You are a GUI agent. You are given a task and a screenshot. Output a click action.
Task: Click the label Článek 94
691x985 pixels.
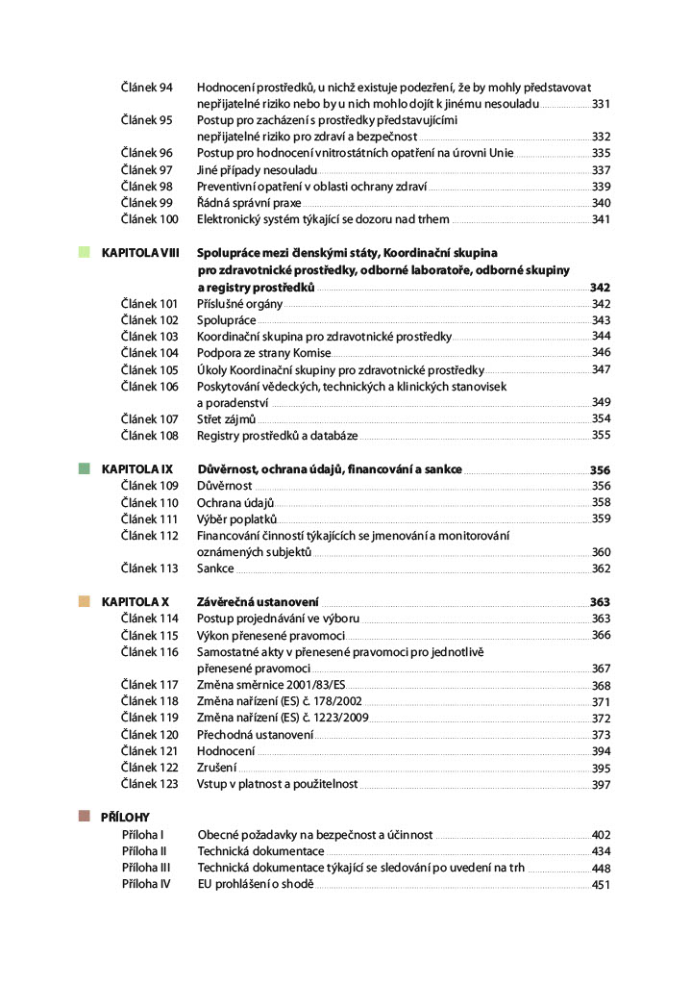(x=146, y=88)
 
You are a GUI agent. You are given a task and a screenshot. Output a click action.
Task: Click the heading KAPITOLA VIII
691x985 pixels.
(x=140, y=253)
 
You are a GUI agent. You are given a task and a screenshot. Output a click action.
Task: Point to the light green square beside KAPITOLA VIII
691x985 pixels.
(x=85, y=252)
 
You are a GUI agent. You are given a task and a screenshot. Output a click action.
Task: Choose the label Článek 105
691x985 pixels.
(x=150, y=369)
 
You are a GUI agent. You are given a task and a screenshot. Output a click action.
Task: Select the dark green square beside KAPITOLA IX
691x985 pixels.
(x=85, y=468)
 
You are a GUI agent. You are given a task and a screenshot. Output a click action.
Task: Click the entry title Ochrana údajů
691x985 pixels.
(x=235, y=502)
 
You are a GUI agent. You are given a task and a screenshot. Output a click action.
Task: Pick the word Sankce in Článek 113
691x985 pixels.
(x=215, y=568)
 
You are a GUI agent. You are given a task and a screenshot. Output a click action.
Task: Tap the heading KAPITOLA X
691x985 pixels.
(x=136, y=602)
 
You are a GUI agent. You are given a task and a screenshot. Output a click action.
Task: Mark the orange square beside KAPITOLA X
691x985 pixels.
(x=85, y=601)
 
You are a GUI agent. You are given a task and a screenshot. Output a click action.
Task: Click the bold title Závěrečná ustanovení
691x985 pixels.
(x=259, y=602)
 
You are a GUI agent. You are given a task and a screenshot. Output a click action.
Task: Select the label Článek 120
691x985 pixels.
(x=150, y=735)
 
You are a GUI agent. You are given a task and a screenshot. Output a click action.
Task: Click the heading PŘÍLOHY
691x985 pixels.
(x=125, y=817)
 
